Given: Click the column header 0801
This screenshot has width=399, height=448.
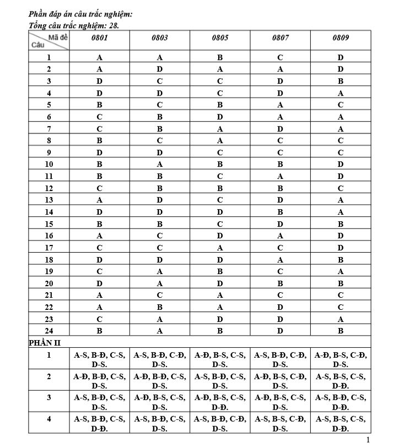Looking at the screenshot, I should pyautogui.click(x=99, y=39).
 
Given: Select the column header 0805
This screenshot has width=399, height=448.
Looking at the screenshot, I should pyautogui.click(x=219, y=39).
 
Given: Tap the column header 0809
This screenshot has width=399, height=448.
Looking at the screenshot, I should pyautogui.click(x=341, y=39).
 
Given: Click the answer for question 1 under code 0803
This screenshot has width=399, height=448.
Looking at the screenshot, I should pyautogui.click(x=159, y=57).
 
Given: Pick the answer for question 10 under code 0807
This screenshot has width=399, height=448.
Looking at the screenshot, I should pyautogui.click(x=280, y=164).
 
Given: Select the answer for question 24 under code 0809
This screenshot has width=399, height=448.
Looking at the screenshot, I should pyautogui.click(x=341, y=331).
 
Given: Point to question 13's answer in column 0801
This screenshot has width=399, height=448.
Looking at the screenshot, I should pyautogui.click(x=99, y=200).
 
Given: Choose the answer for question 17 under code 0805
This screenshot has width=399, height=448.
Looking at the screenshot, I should pyautogui.click(x=219, y=248).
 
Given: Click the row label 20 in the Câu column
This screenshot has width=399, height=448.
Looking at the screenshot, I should pyautogui.click(x=49, y=283).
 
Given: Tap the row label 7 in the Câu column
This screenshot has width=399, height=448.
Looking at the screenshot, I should pyautogui.click(x=49, y=129).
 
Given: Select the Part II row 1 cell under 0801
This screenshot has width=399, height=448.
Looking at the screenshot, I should pyautogui.click(x=99, y=360).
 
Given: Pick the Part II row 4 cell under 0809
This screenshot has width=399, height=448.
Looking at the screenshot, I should pyautogui.click(x=341, y=423).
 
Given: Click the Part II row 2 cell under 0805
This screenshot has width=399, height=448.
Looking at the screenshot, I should pyautogui.click(x=219, y=381).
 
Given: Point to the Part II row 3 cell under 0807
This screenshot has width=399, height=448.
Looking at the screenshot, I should pyautogui.click(x=280, y=402).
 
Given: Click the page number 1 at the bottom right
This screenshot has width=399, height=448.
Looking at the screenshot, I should pyautogui.click(x=368, y=440).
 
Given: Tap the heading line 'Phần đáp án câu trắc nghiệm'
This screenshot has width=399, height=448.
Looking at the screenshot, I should pyautogui.click(x=80, y=14).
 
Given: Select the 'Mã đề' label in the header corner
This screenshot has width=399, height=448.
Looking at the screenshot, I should pyautogui.click(x=57, y=36).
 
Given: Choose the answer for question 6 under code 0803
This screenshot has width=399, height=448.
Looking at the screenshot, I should pyautogui.click(x=159, y=117).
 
